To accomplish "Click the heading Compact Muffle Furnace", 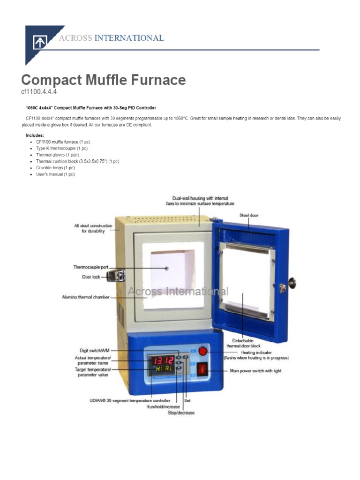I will point(104,80).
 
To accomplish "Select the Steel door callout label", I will point(249,215).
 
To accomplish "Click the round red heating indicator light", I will point(203,352).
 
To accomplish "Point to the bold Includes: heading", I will point(35,135).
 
